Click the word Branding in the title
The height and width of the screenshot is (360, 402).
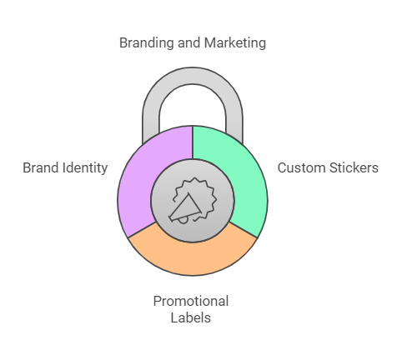click(x=146, y=43)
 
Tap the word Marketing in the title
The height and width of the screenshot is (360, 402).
click(x=235, y=43)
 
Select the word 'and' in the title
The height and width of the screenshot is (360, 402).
click(x=188, y=43)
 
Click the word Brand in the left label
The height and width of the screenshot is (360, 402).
click(x=41, y=167)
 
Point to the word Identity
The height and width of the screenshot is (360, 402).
click(x=85, y=168)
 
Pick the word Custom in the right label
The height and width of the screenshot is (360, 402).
click(x=301, y=167)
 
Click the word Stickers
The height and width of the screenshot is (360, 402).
click(x=354, y=167)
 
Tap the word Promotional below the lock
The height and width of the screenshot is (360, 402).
click(x=191, y=301)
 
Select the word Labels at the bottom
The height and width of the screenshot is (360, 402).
click(x=191, y=317)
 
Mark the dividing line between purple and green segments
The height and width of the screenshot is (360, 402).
click(x=193, y=142)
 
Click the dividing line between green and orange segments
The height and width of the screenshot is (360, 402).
click(x=243, y=230)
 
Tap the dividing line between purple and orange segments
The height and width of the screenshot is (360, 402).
click(x=142, y=230)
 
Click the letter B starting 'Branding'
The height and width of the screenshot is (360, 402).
click(x=123, y=43)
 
